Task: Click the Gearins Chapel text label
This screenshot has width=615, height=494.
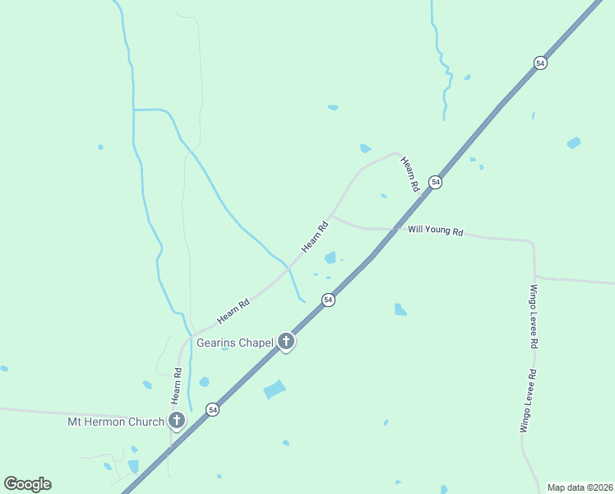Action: tap(235, 343)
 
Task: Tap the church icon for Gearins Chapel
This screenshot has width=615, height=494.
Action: tap(285, 341)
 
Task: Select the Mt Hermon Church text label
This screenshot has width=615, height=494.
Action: tap(116, 422)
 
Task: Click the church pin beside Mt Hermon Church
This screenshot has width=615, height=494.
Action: tap(176, 421)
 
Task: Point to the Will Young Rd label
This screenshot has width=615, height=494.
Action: tap(435, 231)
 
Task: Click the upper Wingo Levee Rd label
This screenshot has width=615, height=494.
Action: tap(534, 316)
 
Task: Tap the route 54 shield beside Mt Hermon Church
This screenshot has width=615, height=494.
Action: tap(212, 409)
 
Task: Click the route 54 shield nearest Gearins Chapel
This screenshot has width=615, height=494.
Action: tap(328, 300)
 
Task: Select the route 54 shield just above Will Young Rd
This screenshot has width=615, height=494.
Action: tap(436, 182)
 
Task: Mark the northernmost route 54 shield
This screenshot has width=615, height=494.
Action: tap(540, 63)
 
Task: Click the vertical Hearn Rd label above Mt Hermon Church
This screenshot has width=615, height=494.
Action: tap(176, 385)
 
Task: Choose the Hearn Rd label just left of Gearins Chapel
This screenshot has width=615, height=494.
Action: tap(233, 310)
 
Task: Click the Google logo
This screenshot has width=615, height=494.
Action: tap(27, 484)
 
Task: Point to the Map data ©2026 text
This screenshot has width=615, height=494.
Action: tap(580, 487)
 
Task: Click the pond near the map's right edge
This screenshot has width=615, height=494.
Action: tap(573, 142)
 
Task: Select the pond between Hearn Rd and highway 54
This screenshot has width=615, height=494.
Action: tap(331, 258)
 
